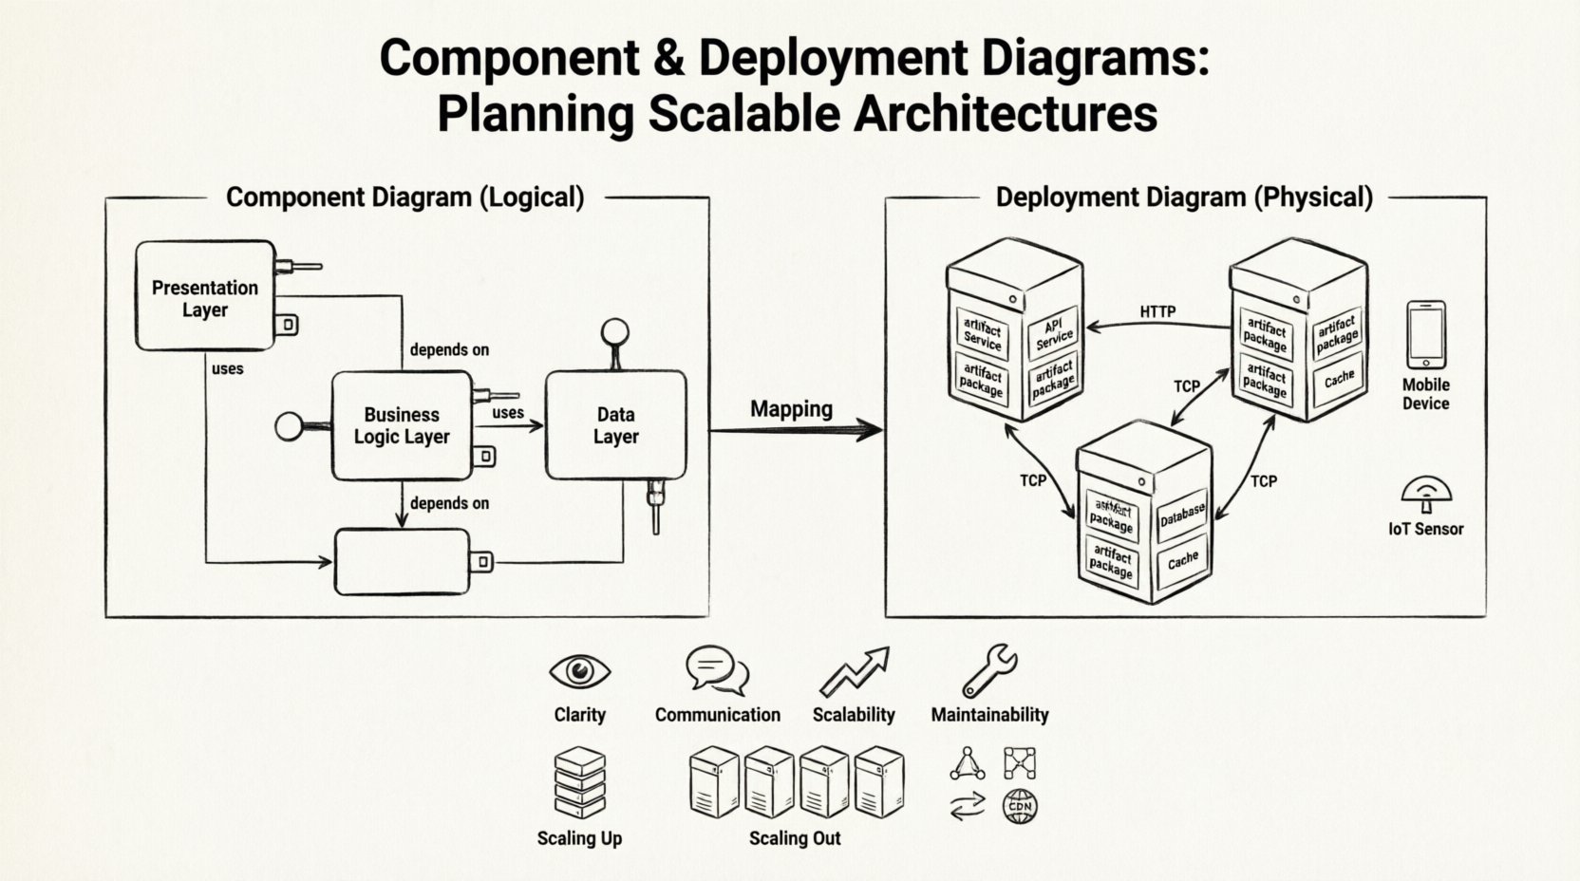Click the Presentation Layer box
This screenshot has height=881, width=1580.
click(x=205, y=297)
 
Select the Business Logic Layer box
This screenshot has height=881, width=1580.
click(x=402, y=425)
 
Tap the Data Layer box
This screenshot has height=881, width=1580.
click(x=615, y=425)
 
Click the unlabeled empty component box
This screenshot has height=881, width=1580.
click(x=403, y=561)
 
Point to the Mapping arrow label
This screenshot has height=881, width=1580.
click(x=791, y=409)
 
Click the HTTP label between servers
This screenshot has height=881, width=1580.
click(x=1157, y=311)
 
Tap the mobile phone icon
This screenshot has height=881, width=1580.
click(x=1425, y=334)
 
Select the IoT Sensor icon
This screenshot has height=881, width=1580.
click(x=1426, y=493)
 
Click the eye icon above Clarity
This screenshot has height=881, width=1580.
click(x=579, y=671)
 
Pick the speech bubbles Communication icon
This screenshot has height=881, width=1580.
click(x=717, y=670)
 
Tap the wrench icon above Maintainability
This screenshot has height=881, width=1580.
click(x=988, y=670)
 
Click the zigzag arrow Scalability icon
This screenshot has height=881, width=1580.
click(x=854, y=671)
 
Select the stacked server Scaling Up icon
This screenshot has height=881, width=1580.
click(x=579, y=782)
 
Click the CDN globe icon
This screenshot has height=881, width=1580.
click(x=1020, y=807)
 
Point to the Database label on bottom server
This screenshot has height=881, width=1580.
click(x=1182, y=515)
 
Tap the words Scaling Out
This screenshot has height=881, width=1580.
click(x=795, y=838)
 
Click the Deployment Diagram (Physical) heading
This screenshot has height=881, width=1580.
click(x=1184, y=197)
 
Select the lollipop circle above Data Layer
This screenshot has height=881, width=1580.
click(x=615, y=331)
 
